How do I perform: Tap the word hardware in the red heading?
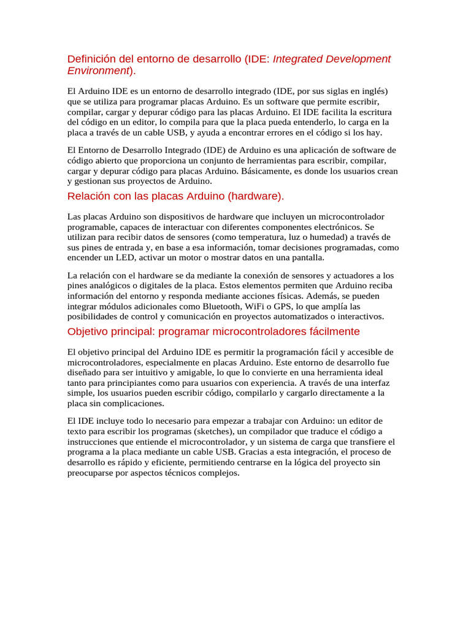[x=257, y=196]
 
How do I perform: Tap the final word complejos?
[x=216, y=473]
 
